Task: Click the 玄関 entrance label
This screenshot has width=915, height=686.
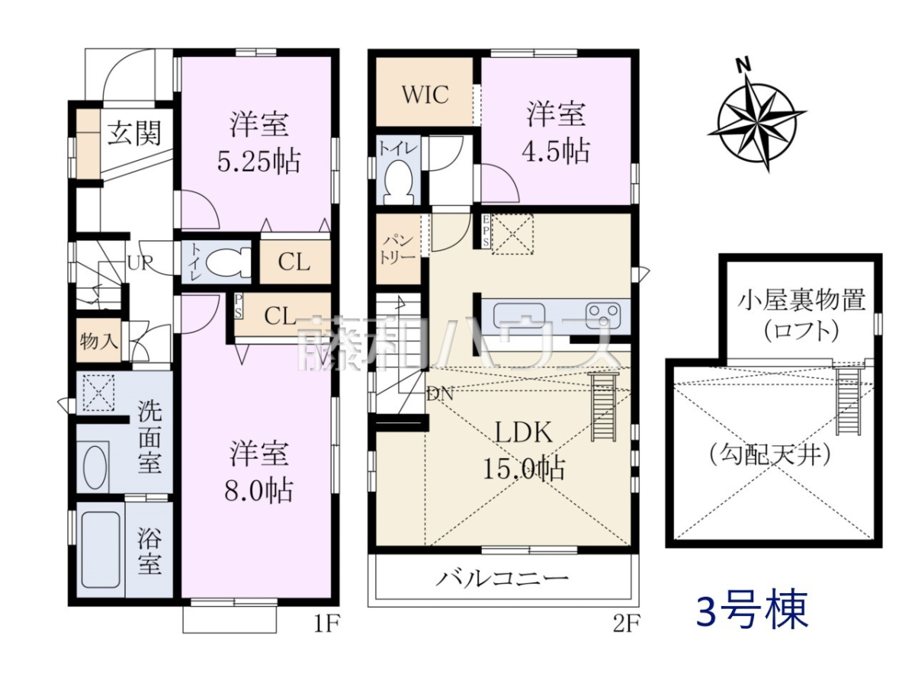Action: (x=134, y=132)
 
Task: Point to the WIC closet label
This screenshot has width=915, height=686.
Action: (x=425, y=94)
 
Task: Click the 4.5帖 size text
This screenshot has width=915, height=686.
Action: (x=556, y=150)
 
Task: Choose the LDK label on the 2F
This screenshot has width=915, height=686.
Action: (x=525, y=432)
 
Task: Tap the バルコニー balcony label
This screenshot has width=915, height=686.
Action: (x=502, y=578)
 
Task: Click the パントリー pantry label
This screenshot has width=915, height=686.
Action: (x=399, y=248)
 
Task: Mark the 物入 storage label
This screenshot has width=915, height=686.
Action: (x=98, y=341)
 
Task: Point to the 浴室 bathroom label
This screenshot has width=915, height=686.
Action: (x=149, y=551)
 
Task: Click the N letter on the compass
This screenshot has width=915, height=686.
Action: (x=743, y=65)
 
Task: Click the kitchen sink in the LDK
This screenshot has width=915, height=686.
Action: (x=519, y=316)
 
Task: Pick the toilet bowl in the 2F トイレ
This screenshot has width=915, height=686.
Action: (x=397, y=182)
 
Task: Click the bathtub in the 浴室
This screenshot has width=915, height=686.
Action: (x=101, y=550)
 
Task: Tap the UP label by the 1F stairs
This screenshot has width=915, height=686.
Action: (x=140, y=263)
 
